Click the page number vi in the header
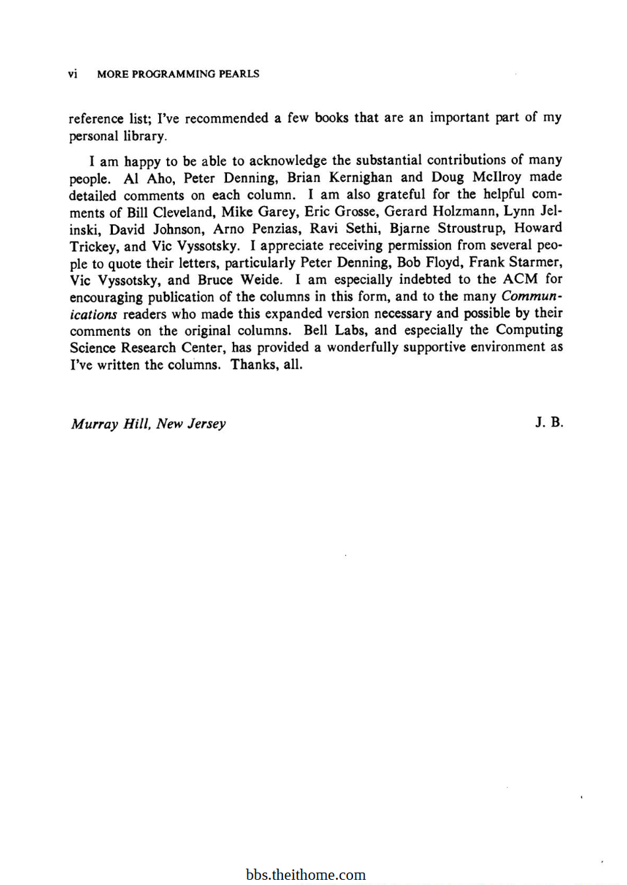(x=73, y=74)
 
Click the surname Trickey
(x=92, y=246)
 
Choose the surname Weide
(x=260, y=280)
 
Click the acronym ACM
(x=520, y=279)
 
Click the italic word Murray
(x=94, y=424)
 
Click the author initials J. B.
(x=549, y=422)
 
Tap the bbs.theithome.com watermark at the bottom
(x=306, y=875)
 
